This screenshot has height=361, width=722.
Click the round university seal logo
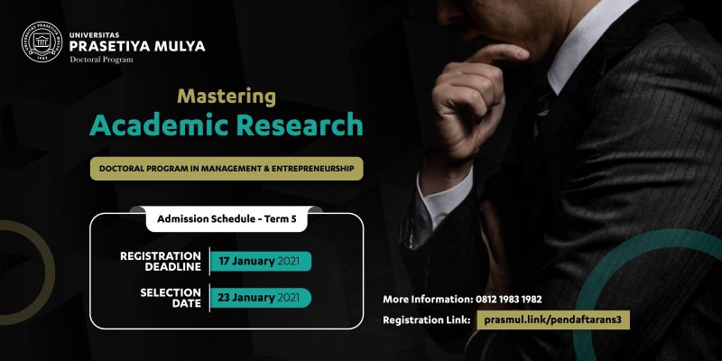click(42, 42)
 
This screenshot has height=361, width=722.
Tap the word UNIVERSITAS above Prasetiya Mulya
click(95, 35)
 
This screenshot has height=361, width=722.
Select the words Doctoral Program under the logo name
click(101, 60)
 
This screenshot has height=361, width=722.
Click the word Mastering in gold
click(227, 97)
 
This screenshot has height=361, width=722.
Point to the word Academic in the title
click(162, 125)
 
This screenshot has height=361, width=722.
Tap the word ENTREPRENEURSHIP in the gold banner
click(312, 169)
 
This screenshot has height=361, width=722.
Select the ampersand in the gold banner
click(265, 169)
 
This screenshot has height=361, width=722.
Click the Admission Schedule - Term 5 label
click(227, 219)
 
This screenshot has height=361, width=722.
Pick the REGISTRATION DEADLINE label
click(161, 261)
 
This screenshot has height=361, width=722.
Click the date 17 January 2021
click(259, 262)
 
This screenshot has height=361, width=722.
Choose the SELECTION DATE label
click(171, 298)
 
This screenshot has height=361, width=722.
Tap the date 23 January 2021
click(259, 298)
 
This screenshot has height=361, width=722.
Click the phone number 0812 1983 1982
click(507, 300)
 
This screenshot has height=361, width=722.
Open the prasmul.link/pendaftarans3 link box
click(553, 320)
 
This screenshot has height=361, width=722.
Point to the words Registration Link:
click(426, 320)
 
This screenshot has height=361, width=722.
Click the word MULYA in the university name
click(180, 47)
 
